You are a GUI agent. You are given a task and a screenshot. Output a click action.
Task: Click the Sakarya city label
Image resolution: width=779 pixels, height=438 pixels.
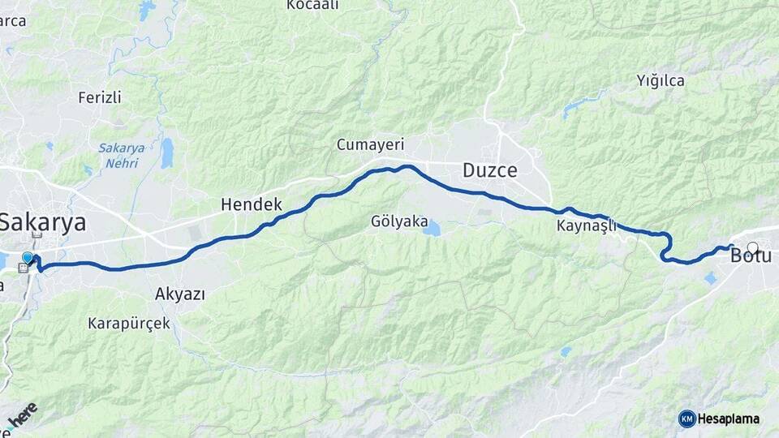tap(42, 222)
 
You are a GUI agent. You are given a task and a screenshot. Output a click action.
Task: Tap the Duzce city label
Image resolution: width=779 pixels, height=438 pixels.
tap(489, 170)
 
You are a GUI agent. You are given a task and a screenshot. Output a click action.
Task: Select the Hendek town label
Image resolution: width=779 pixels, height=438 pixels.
tap(251, 205)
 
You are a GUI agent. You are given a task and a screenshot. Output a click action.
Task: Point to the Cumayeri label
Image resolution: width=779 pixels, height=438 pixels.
tap(370, 144)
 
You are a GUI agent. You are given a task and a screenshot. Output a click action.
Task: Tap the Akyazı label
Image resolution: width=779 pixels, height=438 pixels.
tap(179, 294)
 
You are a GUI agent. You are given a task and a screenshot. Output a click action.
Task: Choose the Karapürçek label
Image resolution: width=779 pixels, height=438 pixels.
tap(129, 323)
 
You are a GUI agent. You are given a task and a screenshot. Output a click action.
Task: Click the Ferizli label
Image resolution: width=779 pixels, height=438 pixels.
tap(100, 97)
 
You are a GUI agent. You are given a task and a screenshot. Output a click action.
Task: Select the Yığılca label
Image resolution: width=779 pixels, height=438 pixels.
tap(661, 80)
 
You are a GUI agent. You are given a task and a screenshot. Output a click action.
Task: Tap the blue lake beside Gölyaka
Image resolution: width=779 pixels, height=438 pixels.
tap(431, 229)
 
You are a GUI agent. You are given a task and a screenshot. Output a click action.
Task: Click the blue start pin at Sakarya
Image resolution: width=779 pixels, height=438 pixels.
tap(28, 258)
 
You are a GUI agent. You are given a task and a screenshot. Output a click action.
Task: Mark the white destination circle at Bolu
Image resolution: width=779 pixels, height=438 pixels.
tap(753, 248)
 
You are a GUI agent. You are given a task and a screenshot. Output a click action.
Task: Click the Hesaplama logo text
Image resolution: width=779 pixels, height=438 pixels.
tap(730, 419)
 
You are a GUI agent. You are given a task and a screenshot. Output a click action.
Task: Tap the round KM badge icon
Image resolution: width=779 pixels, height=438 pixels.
tap(687, 419)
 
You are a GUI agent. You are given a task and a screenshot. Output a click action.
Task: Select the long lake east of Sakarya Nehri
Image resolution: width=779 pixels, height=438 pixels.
tap(166, 152)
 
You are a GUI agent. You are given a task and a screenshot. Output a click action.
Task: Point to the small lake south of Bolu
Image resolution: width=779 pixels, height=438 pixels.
tap(711, 278)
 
